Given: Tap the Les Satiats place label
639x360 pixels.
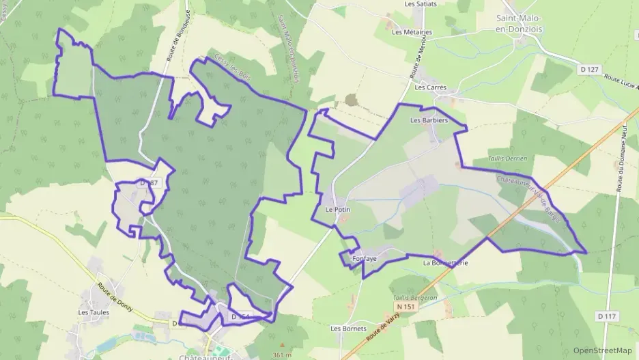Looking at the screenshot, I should (x=421, y=3).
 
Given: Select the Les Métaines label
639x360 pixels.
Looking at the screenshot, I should (x=412, y=31).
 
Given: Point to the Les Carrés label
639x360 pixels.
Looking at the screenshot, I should (x=431, y=87).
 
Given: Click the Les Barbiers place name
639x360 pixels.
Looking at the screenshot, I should (x=429, y=120).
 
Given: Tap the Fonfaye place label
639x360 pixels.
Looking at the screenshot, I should (x=365, y=260).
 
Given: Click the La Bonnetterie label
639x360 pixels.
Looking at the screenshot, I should (x=446, y=263).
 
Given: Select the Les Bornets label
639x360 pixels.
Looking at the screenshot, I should (x=345, y=329).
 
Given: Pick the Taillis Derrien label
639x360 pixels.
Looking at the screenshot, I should (x=508, y=158).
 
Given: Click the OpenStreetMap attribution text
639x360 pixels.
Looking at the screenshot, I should (x=603, y=350).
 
